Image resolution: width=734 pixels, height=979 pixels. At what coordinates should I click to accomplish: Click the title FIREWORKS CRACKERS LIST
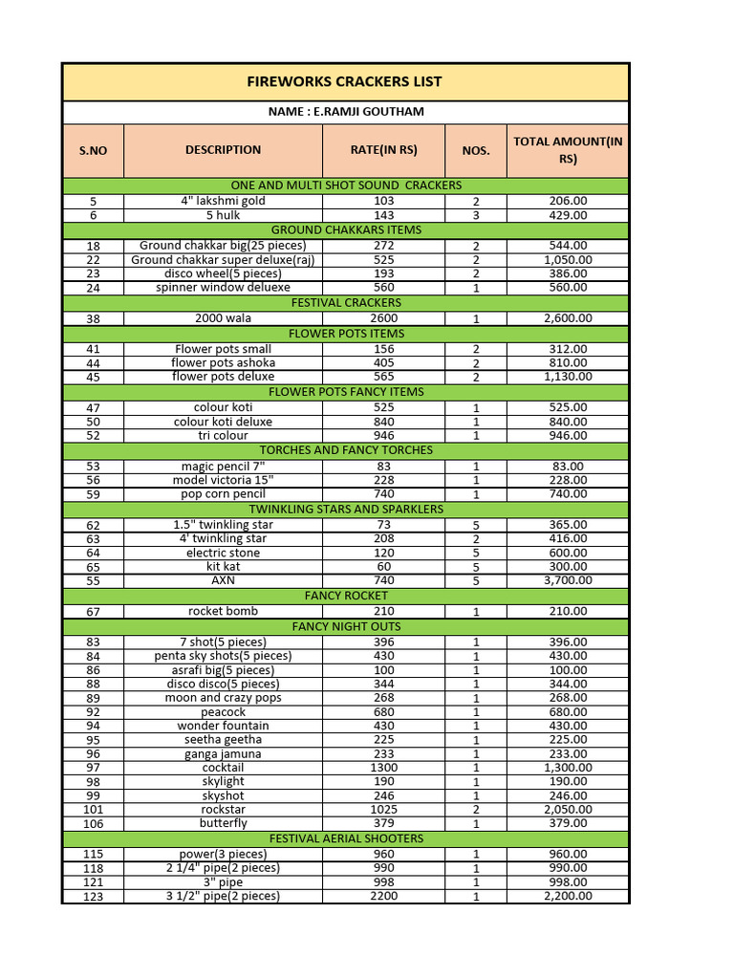pos(345,81)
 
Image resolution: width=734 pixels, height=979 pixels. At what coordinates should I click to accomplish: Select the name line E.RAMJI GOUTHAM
pos(345,112)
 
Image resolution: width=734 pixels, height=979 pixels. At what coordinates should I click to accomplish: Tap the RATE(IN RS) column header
pos(383,150)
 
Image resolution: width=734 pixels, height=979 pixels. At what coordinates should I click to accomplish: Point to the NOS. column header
pos(475,151)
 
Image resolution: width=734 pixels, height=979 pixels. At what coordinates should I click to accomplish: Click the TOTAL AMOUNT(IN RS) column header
pos(568,150)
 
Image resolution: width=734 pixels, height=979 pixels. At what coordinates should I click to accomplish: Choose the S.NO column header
pos(93,151)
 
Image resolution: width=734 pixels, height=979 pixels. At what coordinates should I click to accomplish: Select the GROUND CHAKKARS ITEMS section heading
pos(345,230)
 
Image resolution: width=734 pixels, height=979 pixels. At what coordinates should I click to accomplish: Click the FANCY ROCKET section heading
pos(345,596)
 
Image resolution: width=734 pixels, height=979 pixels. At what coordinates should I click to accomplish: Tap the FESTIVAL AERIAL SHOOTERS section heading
pos(345,838)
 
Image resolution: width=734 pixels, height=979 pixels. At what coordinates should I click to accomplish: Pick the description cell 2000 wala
pos(223,318)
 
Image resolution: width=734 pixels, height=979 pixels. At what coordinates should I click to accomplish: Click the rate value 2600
pos(383,318)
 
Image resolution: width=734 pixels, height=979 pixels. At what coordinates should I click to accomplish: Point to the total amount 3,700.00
pos(568,580)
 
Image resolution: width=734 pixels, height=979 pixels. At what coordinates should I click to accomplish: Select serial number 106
pos(93,824)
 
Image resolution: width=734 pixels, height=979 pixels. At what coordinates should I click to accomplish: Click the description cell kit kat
pos(223,567)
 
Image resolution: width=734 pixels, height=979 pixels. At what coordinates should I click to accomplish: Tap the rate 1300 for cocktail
pos(383,768)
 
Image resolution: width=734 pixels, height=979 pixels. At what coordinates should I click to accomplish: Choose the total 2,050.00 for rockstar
pos(568,810)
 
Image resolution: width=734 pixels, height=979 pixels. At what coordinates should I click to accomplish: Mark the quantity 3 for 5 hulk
pos(475,217)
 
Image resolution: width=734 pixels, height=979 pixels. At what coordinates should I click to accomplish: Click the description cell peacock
pos(223,712)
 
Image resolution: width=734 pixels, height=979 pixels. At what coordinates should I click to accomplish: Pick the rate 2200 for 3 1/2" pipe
pos(383,896)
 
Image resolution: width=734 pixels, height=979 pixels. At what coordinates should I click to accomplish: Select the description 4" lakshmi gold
pos(223,202)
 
